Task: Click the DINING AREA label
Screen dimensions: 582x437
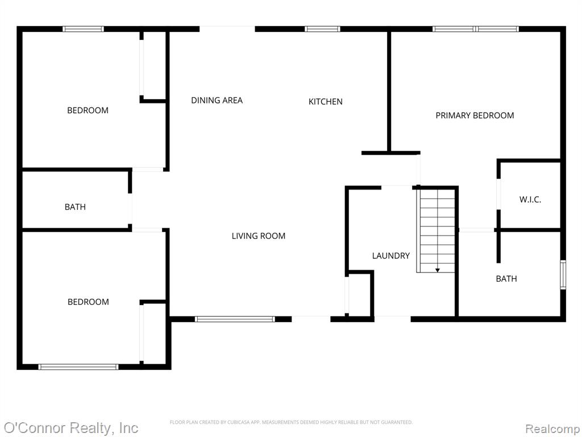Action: click(217, 100)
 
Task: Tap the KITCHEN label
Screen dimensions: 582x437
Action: click(326, 101)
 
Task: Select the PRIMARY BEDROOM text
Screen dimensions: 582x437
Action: click(475, 116)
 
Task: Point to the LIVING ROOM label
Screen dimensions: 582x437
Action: click(259, 236)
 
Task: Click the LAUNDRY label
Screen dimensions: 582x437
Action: click(391, 255)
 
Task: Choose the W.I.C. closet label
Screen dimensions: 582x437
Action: click(530, 200)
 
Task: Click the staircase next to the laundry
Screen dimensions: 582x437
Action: click(436, 230)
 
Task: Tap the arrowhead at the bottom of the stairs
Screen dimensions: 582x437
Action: click(438, 270)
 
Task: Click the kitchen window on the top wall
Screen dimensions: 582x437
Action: click(322, 29)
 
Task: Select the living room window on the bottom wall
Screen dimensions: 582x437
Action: click(235, 319)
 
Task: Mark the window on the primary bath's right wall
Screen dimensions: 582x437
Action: click(563, 275)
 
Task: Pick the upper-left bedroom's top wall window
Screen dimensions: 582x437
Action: click(83, 29)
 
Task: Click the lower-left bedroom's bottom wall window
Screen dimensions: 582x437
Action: click(78, 367)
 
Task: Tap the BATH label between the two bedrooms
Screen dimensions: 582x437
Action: click(75, 207)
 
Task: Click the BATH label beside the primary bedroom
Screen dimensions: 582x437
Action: click(506, 279)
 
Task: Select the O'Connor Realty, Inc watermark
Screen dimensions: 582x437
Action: click(71, 428)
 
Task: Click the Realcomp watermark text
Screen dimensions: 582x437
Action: click(552, 429)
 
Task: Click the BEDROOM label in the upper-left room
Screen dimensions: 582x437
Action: click(88, 110)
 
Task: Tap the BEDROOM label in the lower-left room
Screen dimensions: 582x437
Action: click(88, 302)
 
